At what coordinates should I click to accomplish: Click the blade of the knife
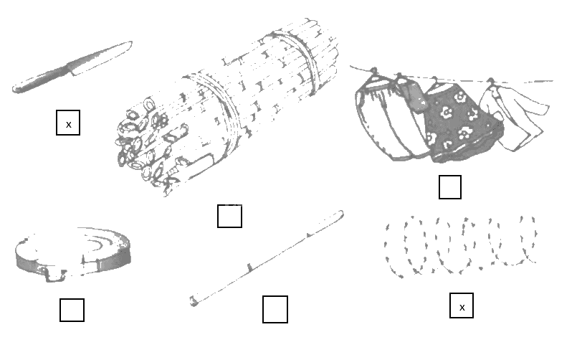coord(100,57)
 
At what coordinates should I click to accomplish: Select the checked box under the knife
coord(68,123)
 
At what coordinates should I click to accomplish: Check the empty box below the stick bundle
coord(229,216)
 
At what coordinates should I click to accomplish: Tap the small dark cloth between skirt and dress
coord(413,96)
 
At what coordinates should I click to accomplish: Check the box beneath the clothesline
coord(450,187)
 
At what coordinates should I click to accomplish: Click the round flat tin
coord(72,255)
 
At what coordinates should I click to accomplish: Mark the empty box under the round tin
coord(72,310)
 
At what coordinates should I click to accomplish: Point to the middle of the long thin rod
coord(267,259)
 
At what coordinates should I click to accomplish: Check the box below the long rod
coord(275,309)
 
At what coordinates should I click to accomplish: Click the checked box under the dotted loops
coord(462,305)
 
